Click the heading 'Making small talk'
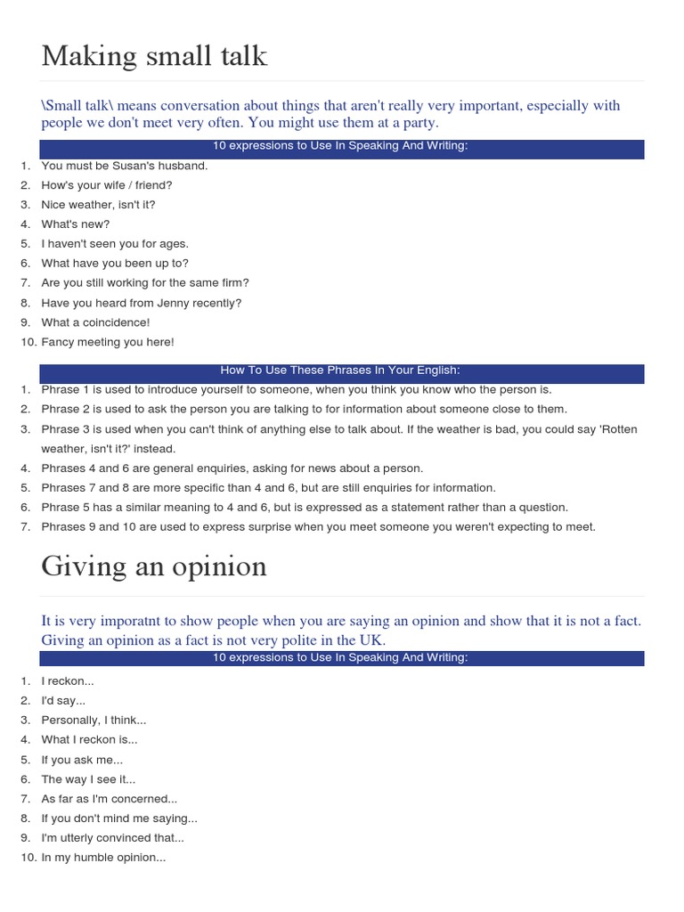coord(154,56)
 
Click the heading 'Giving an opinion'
coord(154,566)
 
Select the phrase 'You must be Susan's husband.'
coord(124,166)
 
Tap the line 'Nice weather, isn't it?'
coord(98,205)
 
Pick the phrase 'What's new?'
coord(76,224)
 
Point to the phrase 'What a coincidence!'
coord(95,322)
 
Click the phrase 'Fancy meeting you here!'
coord(108,342)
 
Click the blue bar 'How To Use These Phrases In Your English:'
coord(341,371)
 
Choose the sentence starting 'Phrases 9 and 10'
coord(318,526)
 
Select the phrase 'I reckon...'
coord(68,681)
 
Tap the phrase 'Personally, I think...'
coord(94,720)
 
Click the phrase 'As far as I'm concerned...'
coord(109,799)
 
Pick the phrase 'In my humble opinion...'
coord(103,858)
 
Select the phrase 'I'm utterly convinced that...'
coord(112,838)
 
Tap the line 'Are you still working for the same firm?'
coord(145,283)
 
